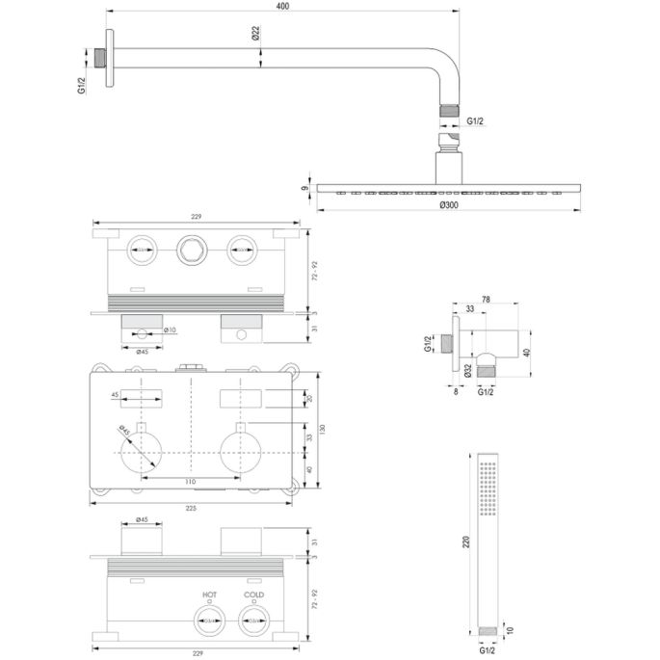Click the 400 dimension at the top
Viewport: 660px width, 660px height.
pos(280,7)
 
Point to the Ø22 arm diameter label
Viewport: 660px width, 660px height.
pos(255,34)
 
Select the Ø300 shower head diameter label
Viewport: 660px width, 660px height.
pos(449,205)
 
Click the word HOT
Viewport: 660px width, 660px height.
pos(209,595)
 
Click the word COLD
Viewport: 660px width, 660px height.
pos(253,595)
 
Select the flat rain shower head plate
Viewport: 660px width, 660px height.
pos(448,187)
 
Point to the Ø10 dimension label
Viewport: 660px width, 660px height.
pos(169,330)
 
